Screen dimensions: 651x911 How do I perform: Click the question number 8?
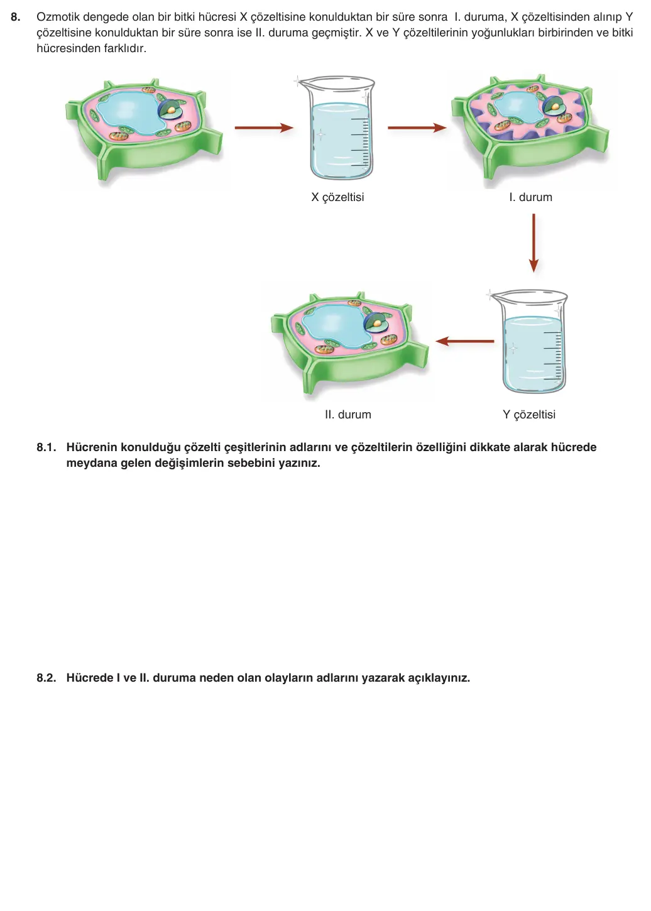click(x=16, y=17)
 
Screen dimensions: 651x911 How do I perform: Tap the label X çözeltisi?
click(x=337, y=197)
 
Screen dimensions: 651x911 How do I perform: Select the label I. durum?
click(x=530, y=197)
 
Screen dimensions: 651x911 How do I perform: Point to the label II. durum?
click(x=348, y=415)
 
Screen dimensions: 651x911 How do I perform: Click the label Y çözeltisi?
click(x=529, y=415)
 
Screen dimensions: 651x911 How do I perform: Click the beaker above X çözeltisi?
click(x=339, y=128)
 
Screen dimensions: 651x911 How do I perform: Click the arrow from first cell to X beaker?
click(x=264, y=128)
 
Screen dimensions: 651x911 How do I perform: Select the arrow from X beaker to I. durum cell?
click(x=417, y=128)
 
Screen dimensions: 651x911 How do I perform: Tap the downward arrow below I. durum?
click(x=533, y=243)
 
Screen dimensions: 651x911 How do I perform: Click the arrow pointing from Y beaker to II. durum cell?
click(x=464, y=341)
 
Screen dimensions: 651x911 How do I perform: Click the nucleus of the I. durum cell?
click(x=554, y=107)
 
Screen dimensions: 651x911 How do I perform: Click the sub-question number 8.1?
click(x=46, y=447)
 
